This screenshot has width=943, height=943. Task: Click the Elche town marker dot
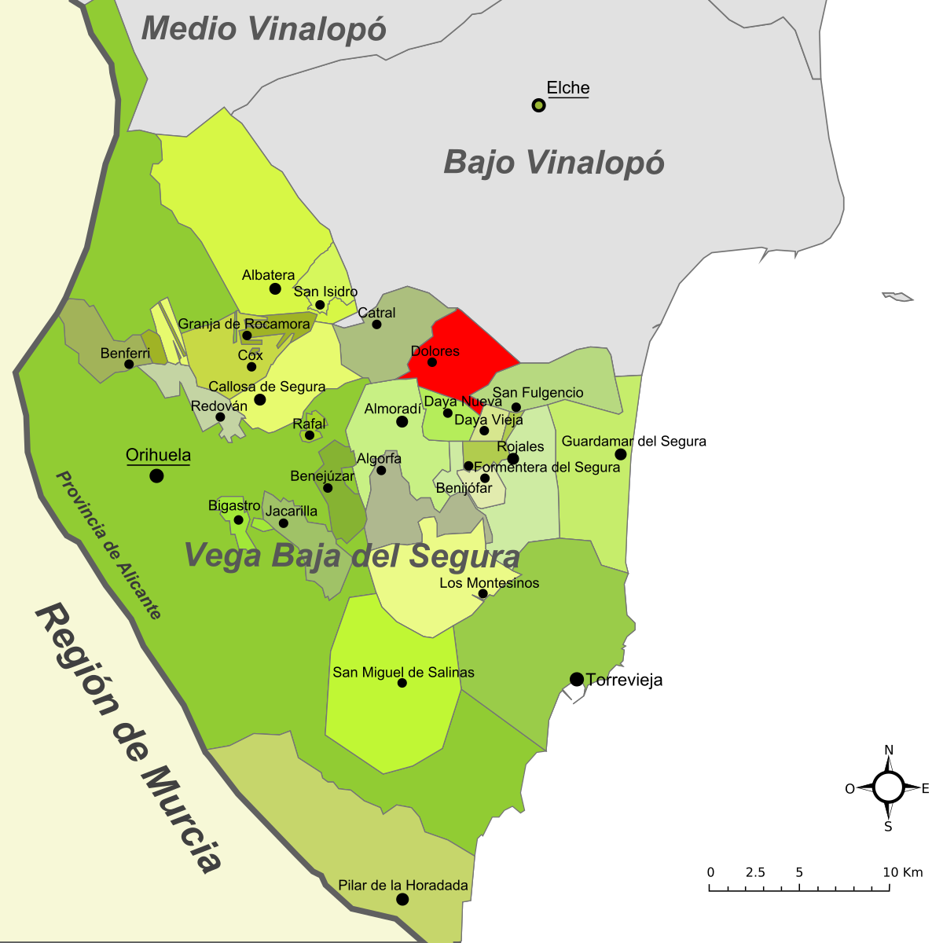pyautogui.click(x=538, y=105)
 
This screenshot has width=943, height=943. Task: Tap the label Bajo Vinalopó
pyautogui.click(x=554, y=163)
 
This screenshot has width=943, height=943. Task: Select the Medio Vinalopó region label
pyautogui.click(x=264, y=29)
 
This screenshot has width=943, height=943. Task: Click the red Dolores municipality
pyautogui.click(x=464, y=346)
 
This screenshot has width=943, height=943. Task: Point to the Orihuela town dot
pyautogui.click(x=156, y=475)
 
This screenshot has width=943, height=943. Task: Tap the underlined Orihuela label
pyautogui.click(x=158, y=456)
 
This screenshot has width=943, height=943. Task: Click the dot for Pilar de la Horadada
pyautogui.click(x=402, y=899)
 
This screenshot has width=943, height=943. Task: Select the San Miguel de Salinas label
pyautogui.click(x=403, y=672)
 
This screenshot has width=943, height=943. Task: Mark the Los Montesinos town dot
pyautogui.click(x=483, y=594)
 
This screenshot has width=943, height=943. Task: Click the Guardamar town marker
pyautogui.click(x=621, y=454)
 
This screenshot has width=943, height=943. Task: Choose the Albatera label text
pyautogui.click(x=268, y=275)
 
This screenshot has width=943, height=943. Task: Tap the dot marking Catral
pyautogui.click(x=376, y=324)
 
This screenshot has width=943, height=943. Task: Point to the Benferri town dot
pyautogui.click(x=129, y=364)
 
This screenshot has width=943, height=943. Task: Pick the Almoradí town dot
pyautogui.click(x=402, y=422)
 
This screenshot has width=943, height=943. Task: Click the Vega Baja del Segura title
pyautogui.click(x=351, y=556)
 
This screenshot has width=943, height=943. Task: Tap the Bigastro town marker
pyautogui.click(x=239, y=520)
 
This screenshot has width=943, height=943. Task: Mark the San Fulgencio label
pyautogui.click(x=538, y=392)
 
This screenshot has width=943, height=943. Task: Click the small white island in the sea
pyautogui.click(x=898, y=296)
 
